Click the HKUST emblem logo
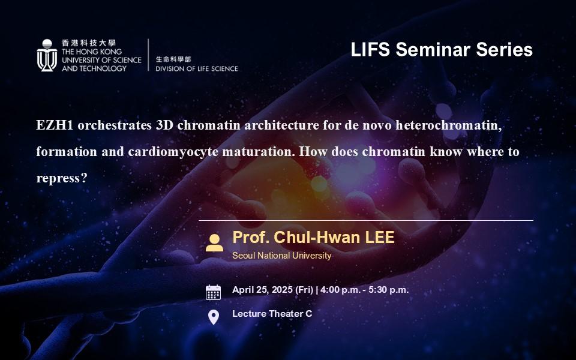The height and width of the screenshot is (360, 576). [x=47, y=55]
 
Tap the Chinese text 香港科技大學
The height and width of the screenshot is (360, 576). [x=89, y=43]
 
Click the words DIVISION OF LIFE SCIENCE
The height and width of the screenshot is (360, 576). [x=197, y=68]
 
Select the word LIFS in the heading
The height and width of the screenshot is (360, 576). [x=370, y=50]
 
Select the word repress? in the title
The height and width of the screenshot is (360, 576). [x=62, y=179]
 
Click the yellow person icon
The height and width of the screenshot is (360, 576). [x=215, y=243]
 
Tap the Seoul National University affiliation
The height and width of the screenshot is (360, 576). [x=282, y=256]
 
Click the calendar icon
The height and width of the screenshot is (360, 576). [x=214, y=292]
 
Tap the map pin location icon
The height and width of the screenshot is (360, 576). [x=214, y=317]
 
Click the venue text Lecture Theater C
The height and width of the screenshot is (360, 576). [x=272, y=314]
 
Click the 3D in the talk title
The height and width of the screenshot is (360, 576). [x=164, y=125]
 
